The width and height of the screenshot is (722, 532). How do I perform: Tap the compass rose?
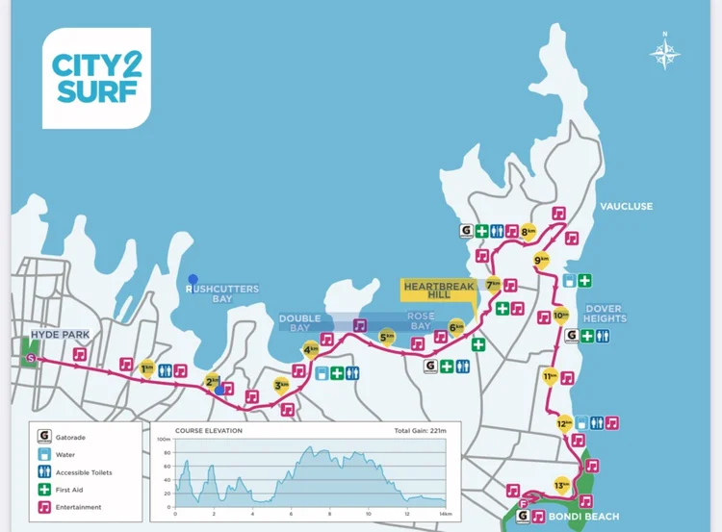tap(664, 51)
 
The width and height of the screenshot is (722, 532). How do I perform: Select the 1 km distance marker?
tap(147, 367)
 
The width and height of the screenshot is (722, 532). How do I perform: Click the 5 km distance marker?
tap(387, 337)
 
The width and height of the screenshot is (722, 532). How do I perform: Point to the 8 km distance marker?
tap(529, 231)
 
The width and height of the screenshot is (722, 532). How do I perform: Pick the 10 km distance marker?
tap(561, 315)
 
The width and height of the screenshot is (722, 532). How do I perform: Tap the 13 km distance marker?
tap(561, 484)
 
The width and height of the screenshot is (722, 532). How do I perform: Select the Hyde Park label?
tap(60, 335)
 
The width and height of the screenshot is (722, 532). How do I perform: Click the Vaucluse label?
tap(626, 206)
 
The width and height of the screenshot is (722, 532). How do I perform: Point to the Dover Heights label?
tap(605, 313)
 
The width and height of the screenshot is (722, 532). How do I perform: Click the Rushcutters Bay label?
tap(209, 293)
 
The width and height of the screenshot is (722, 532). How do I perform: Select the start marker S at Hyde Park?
tap(33, 358)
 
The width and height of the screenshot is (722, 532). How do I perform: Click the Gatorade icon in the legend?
tap(43, 437)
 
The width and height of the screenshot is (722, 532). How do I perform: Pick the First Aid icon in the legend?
tap(43, 489)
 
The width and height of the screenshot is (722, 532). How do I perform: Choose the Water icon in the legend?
tap(43, 454)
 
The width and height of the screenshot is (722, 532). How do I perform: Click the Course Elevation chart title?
tap(209, 430)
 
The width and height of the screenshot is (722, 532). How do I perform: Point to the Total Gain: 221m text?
tap(420, 430)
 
